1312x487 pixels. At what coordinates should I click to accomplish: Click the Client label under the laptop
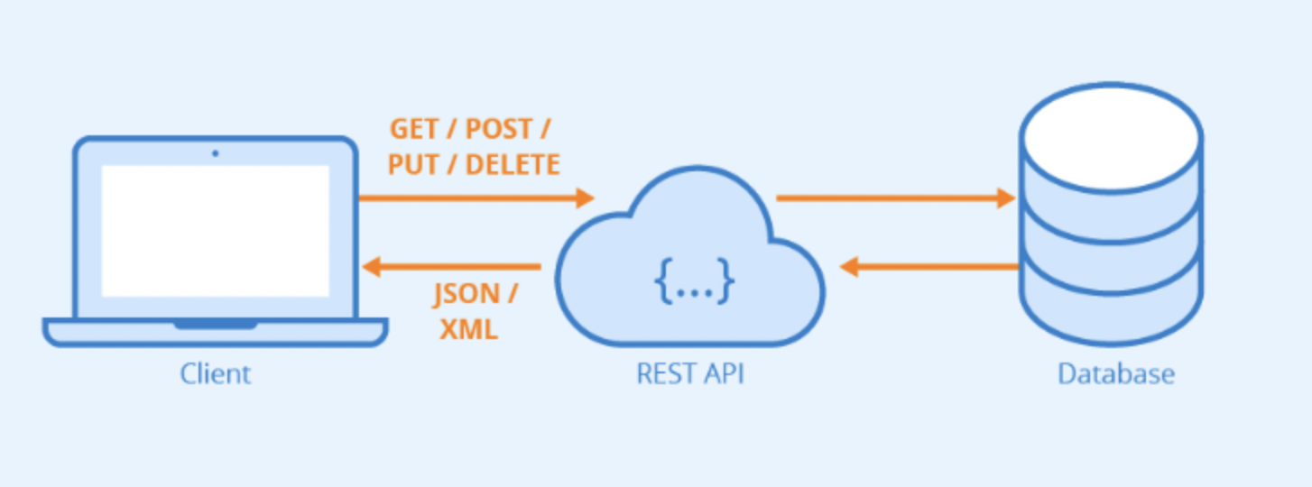click(x=216, y=373)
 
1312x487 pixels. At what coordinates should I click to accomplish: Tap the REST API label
click(x=690, y=373)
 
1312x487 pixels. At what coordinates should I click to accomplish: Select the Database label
click(x=1116, y=373)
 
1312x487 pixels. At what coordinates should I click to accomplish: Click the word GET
click(x=413, y=129)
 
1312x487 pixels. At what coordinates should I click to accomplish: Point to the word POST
click(x=498, y=129)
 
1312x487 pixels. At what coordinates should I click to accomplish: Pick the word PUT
click(x=412, y=164)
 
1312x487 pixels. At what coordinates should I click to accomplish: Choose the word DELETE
click(x=513, y=164)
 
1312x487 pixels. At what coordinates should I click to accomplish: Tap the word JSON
click(x=467, y=294)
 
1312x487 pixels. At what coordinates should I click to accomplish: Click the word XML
click(x=468, y=329)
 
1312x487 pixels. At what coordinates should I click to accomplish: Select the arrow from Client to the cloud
click(x=476, y=198)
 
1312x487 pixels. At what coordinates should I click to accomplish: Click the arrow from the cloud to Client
click(x=451, y=267)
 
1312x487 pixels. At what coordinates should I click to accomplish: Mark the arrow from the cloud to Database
click(x=895, y=198)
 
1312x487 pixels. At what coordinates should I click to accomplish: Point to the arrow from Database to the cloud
click(x=929, y=267)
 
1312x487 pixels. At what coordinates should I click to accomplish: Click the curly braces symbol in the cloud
click(x=694, y=281)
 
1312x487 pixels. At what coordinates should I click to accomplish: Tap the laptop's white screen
click(x=215, y=231)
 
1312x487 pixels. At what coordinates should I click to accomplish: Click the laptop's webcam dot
click(x=215, y=153)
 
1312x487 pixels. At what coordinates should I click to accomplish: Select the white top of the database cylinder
click(x=1111, y=138)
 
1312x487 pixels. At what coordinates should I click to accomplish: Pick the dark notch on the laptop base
click(x=216, y=325)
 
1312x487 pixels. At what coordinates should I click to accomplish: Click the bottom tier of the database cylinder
click(x=1111, y=310)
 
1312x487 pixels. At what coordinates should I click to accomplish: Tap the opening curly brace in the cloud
click(x=663, y=281)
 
